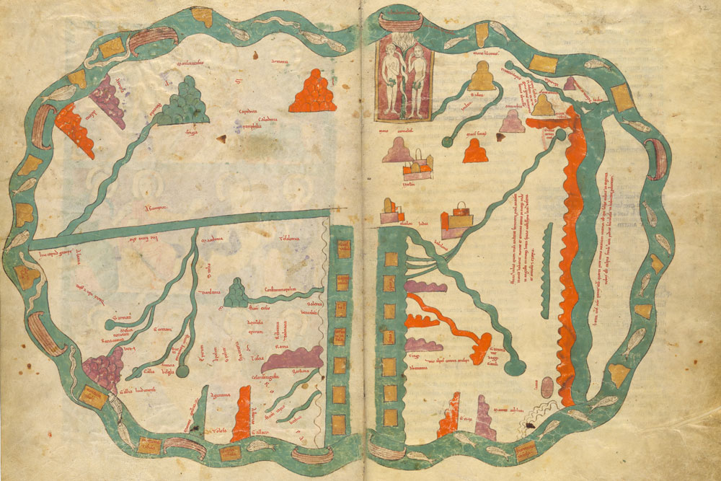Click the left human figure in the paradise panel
(x=392, y=79)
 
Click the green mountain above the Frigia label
(x=183, y=102)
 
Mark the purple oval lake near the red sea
(x=547, y=388)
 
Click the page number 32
(x=704, y=9)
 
